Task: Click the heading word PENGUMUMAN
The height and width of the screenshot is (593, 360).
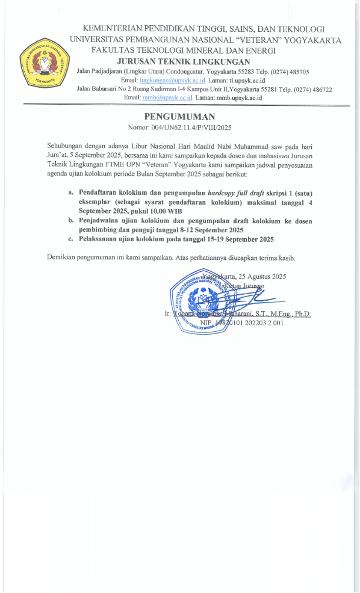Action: click(x=179, y=116)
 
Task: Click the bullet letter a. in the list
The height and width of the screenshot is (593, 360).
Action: click(x=71, y=192)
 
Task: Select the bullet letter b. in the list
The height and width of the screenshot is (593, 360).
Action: click(x=71, y=220)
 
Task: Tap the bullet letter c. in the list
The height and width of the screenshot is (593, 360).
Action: click(x=71, y=239)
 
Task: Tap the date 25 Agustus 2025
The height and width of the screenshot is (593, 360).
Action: click(x=261, y=276)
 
